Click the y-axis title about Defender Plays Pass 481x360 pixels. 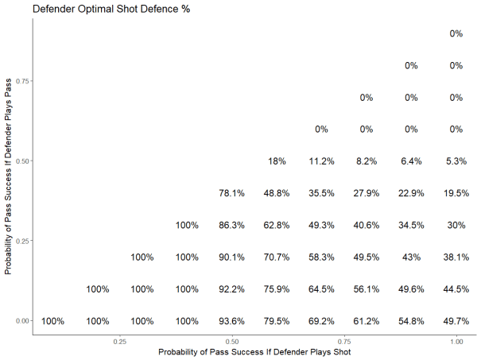(x=9, y=176)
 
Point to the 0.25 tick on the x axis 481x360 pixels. (x=119, y=341)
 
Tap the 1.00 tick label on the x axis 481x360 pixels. (x=456, y=341)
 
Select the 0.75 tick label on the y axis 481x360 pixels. (x=22, y=81)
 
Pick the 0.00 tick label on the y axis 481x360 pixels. (x=22, y=320)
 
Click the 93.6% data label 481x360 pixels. (x=232, y=321)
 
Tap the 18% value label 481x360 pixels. (x=277, y=161)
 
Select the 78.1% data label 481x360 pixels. (x=232, y=193)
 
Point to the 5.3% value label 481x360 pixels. (x=456, y=161)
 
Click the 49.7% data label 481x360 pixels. (x=456, y=321)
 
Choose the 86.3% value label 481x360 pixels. (x=232, y=225)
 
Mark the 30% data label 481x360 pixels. (x=456, y=225)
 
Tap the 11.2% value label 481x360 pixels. (x=321, y=161)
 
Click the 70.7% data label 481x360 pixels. (x=277, y=257)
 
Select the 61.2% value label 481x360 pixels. (x=367, y=321)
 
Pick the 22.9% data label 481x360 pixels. (x=411, y=193)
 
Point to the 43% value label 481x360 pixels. (x=411, y=257)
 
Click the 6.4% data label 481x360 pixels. (x=411, y=161)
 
